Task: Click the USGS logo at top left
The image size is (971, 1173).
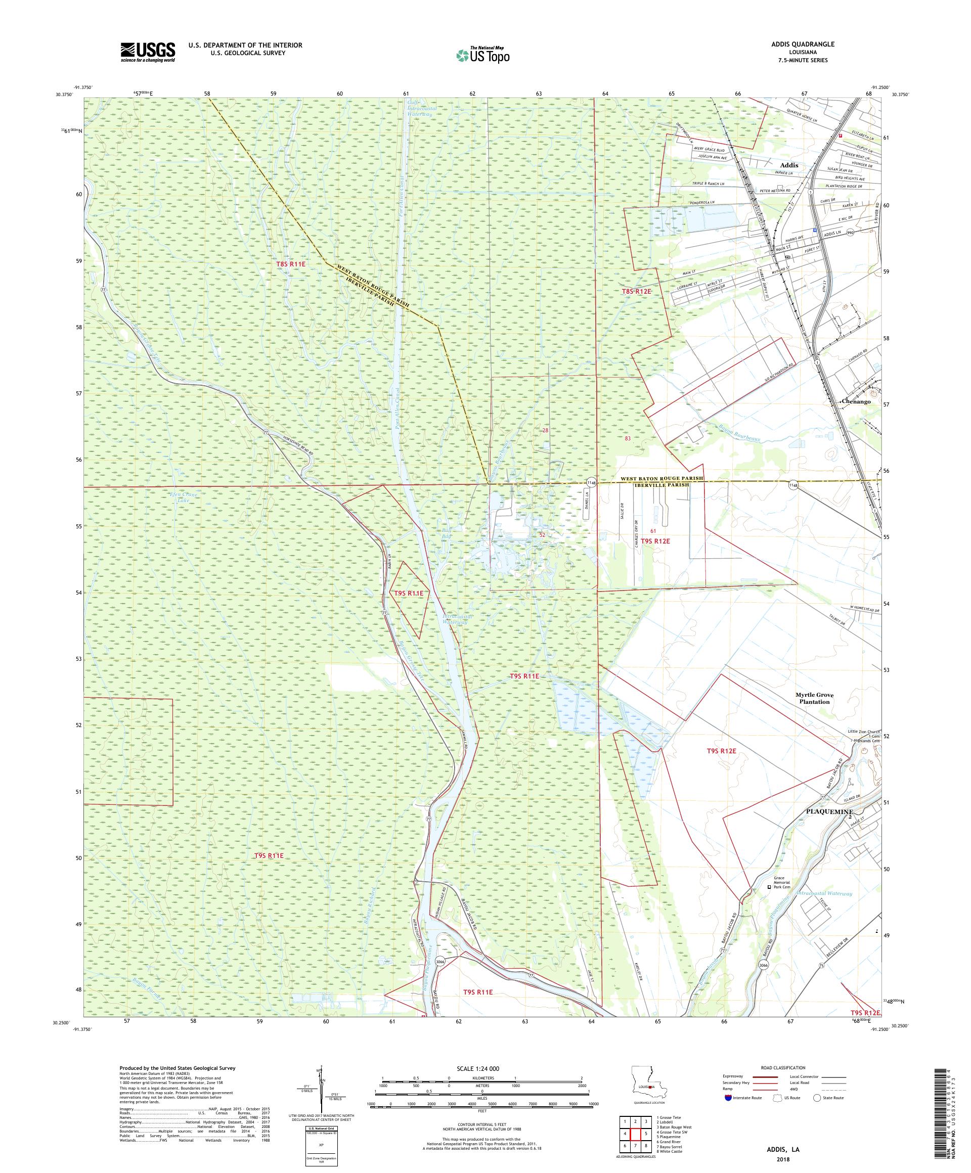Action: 148,52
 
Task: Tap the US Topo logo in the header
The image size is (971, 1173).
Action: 482,55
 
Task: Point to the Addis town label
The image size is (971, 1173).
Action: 789,165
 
